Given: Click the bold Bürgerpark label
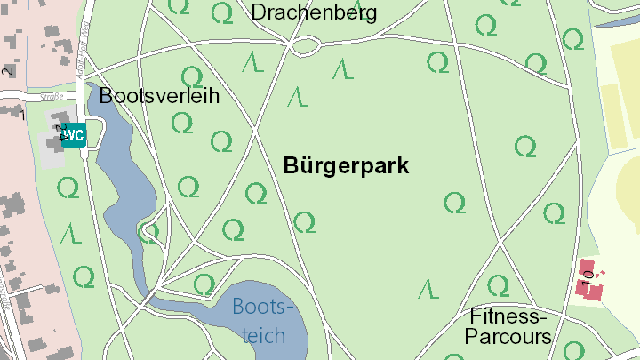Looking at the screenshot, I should pos(346,165).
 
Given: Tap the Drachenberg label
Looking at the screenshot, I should pos(314,12).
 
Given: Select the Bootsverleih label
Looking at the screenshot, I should pos(159,96).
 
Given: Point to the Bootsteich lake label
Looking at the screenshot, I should pos(262,321).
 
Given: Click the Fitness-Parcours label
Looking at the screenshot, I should pos(508,326).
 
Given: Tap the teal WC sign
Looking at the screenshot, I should pos(74,135).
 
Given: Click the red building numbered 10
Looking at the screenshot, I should pos(589,280).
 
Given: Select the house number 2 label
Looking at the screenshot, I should pos(8,71).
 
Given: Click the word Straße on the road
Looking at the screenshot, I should pos(52,97).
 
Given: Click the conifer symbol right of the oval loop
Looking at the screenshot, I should pos(342,68).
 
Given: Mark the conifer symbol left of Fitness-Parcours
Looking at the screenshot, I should pos(429,288).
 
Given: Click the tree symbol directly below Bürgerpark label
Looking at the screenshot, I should pos(305,222).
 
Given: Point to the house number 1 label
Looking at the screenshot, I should pos(23,114).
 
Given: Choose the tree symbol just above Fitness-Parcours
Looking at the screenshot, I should pos(498,285).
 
